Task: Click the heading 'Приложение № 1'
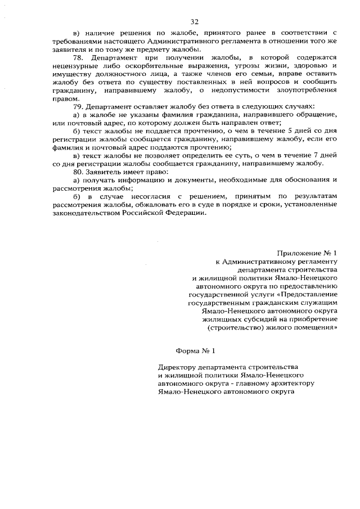point(307,254)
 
